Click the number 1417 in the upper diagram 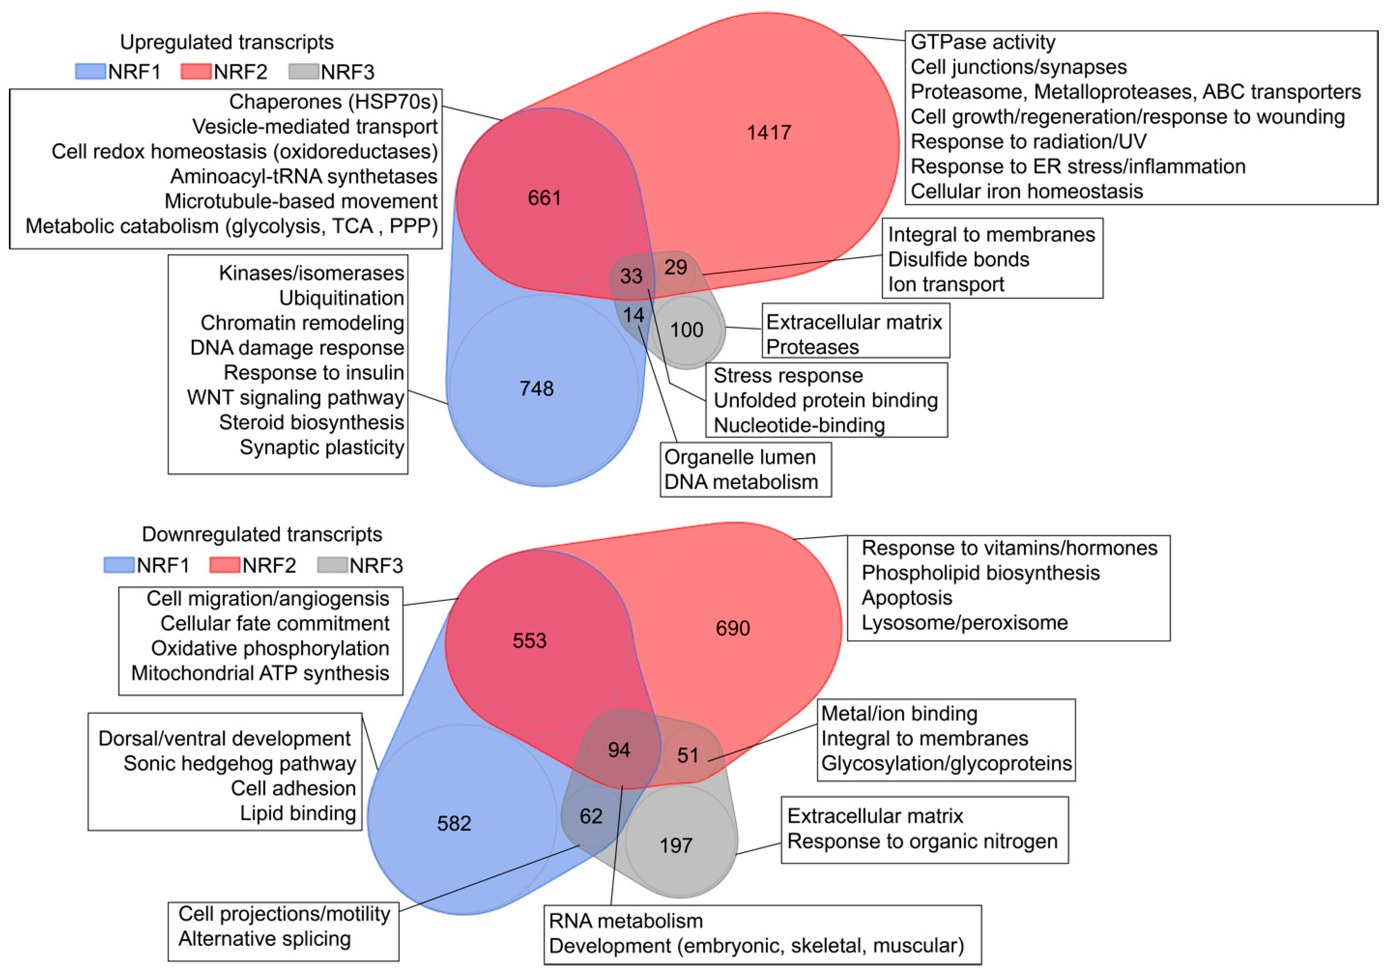[x=768, y=133]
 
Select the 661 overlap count [x=544, y=198]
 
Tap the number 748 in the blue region [x=536, y=389]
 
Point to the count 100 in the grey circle [x=686, y=330]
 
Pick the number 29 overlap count [x=675, y=267]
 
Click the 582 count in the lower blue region [x=454, y=823]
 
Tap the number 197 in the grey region [x=676, y=846]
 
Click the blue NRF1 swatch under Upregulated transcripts [x=91, y=72]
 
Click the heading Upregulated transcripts [x=227, y=42]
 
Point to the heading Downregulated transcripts [x=262, y=535]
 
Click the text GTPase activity [x=983, y=42]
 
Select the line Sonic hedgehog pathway [x=239, y=764]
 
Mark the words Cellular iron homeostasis [x=1026, y=191]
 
